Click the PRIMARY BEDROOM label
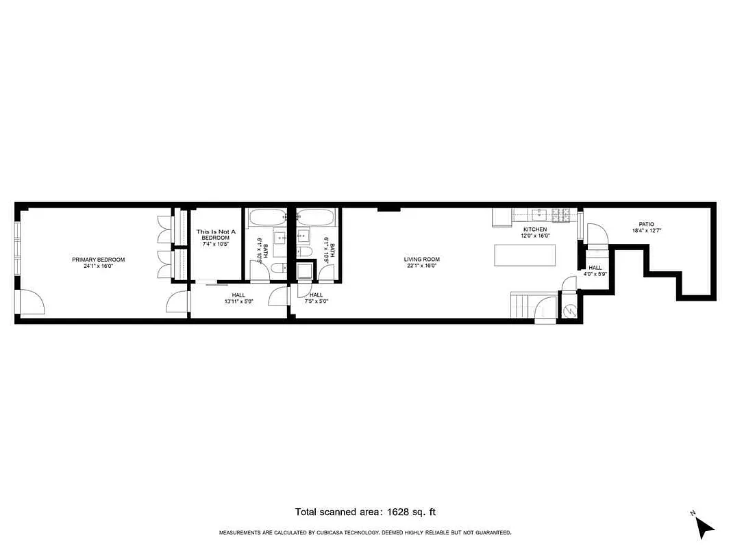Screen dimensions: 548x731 (99, 260)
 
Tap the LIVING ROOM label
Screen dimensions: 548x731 (421, 260)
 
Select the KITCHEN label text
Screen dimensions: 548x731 (535, 229)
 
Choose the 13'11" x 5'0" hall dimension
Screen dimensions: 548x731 (238, 301)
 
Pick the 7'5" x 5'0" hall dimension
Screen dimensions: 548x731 (316, 301)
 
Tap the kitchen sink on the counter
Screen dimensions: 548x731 (540, 213)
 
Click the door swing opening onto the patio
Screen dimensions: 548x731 (597, 233)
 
